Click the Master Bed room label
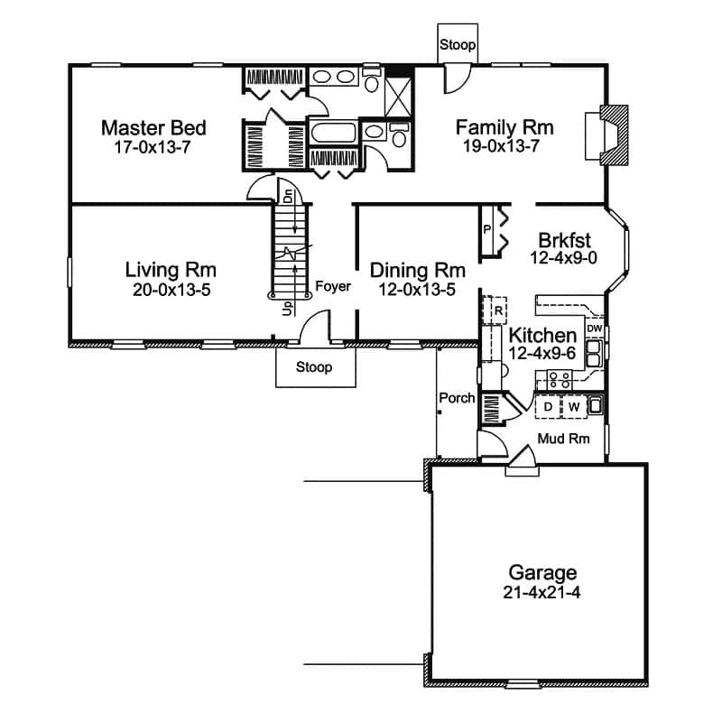click(153, 128)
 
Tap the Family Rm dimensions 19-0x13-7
click(501, 146)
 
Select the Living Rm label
click(171, 270)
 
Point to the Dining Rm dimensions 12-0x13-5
click(417, 289)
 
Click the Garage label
click(542, 573)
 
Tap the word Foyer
click(333, 286)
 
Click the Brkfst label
click(565, 240)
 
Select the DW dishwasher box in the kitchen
click(595, 329)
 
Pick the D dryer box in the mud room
click(548, 407)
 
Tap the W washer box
click(574, 407)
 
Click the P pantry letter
click(486, 229)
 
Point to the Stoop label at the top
click(458, 44)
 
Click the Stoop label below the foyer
click(313, 367)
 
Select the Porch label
click(457, 398)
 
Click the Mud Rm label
click(563, 439)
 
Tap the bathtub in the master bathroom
click(334, 133)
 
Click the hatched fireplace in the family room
click(615, 134)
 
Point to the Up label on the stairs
click(288, 308)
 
